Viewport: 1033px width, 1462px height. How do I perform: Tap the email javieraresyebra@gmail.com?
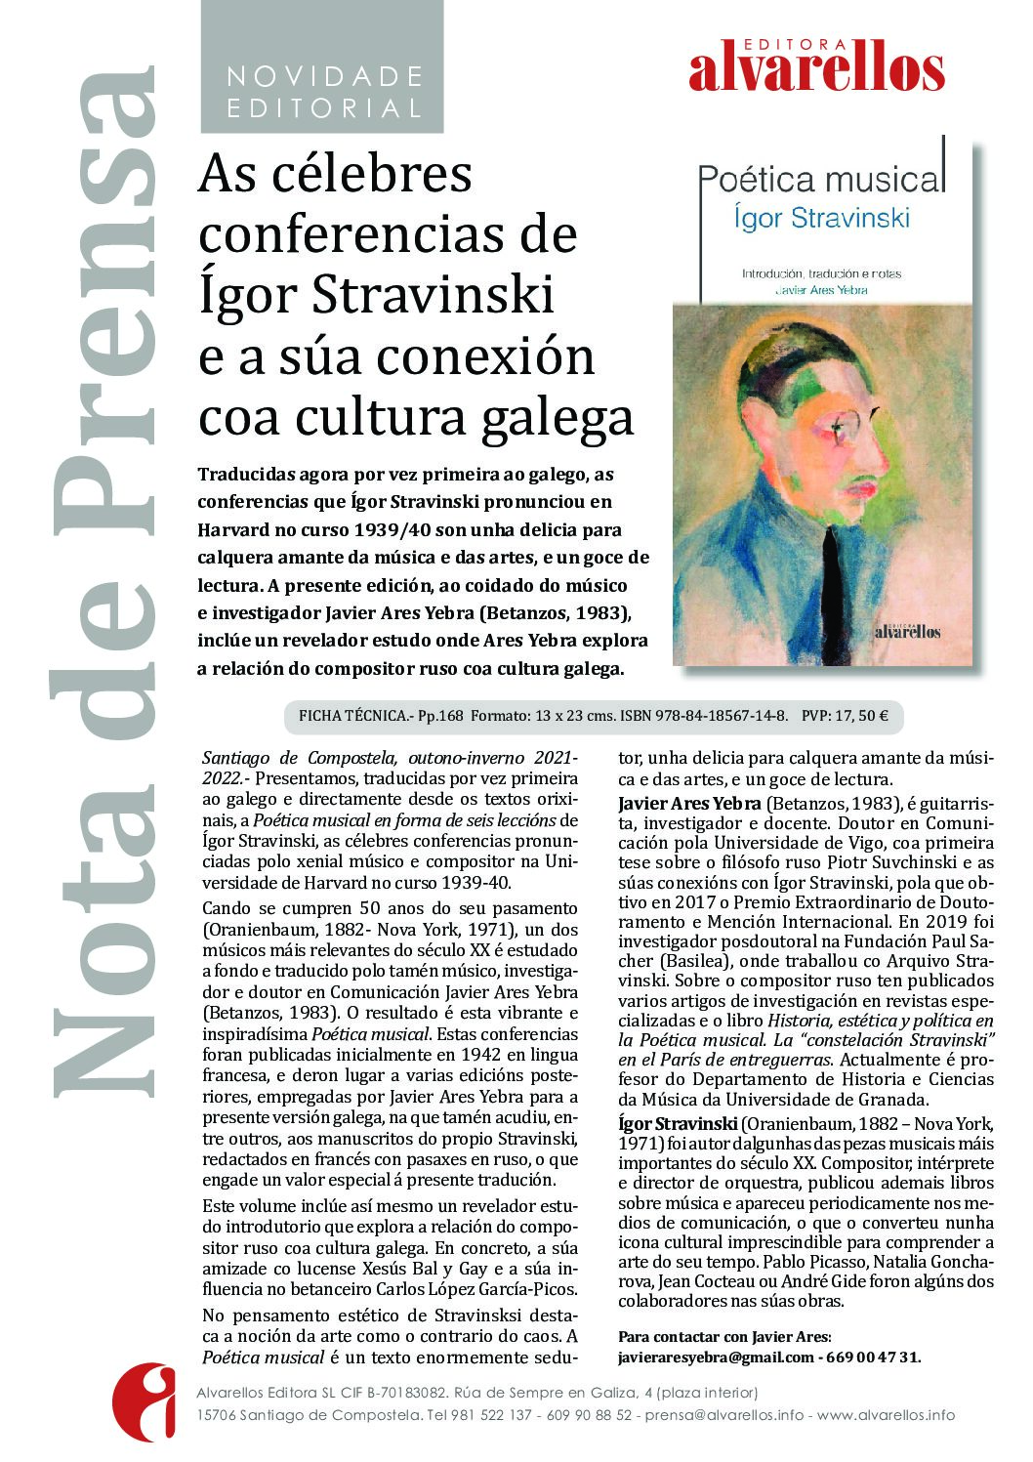tap(716, 1357)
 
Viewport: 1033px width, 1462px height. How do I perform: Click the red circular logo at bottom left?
tap(144, 1401)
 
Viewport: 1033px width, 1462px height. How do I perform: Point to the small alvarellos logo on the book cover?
tap(907, 631)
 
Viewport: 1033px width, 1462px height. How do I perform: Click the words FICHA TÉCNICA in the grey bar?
tap(355, 716)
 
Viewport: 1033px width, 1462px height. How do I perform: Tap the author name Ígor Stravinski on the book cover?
tap(821, 217)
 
